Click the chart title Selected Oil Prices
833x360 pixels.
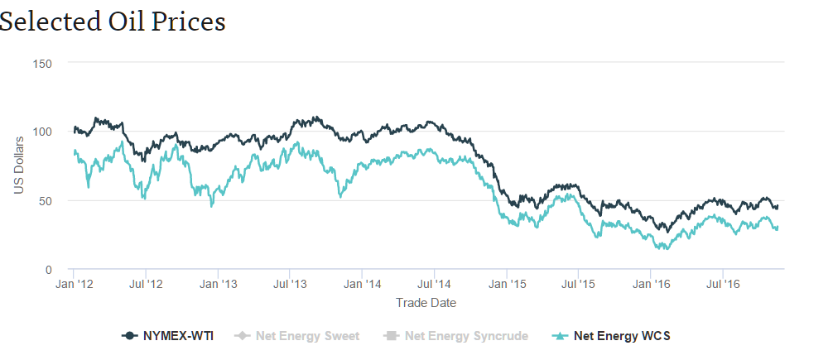click(x=113, y=22)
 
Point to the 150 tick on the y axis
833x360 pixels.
click(x=41, y=63)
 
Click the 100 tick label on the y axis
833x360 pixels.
click(x=41, y=132)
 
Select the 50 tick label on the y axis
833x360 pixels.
click(x=45, y=201)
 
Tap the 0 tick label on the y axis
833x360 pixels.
click(x=49, y=270)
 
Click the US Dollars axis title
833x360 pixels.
click(x=19, y=166)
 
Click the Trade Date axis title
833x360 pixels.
click(x=426, y=303)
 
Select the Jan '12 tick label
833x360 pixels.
click(x=74, y=285)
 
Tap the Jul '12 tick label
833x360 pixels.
click(x=146, y=285)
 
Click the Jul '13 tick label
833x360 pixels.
click(x=290, y=285)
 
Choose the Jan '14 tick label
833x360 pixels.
click(x=363, y=285)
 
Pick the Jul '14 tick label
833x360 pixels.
click(x=434, y=285)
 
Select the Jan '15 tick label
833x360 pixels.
click(x=507, y=285)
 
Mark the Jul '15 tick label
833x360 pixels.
click(x=578, y=285)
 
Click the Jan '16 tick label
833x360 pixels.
click(x=651, y=285)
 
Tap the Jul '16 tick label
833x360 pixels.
click(x=723, y=285)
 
